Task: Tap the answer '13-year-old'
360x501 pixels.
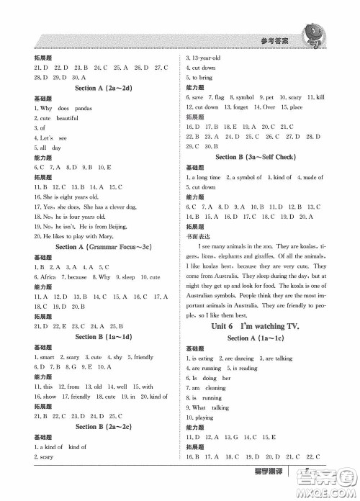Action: [204, 58]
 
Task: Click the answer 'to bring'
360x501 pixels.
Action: [202, 77]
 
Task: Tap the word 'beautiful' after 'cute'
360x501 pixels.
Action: [67, 117]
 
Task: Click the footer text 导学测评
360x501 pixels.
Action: [270, 489]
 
